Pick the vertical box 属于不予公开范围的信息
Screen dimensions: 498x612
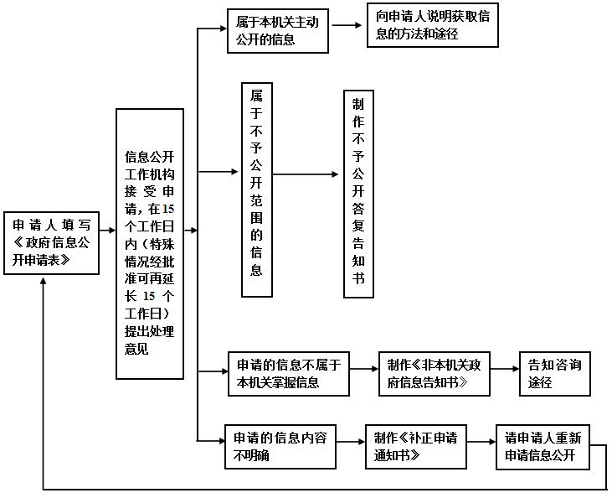[x=257, y=189]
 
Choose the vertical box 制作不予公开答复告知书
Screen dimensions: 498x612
[x=358, y=193]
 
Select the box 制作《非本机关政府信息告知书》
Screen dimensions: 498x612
[x=433, y=373]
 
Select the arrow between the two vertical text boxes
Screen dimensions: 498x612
[x=308, y=176]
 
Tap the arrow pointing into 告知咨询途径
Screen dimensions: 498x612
[x=502, y=369]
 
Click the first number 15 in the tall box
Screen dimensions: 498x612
[x=167, y=208]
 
